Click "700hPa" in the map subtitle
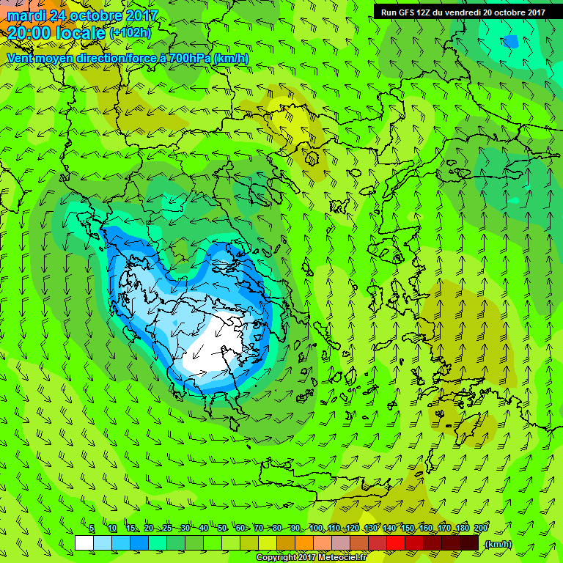pos(185,58)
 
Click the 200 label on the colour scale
pos(481,528)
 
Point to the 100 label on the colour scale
pos(315,528)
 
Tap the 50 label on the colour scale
pos(221,528)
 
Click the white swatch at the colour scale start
pos(84,543)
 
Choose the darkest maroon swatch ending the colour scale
pos(469,543)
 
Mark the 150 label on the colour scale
pos(408,528)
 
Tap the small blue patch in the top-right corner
pos(510,42)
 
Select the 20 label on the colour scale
pos(148,528)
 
